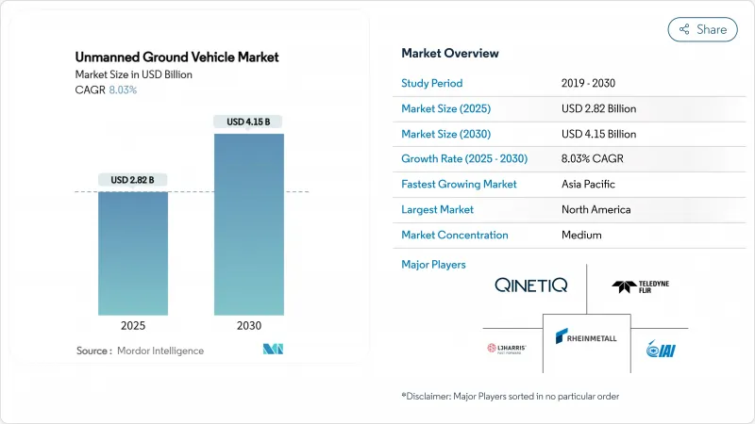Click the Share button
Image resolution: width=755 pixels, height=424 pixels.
(x=702, y=29)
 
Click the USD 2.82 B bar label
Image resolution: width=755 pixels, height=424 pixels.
(x=132, y=180)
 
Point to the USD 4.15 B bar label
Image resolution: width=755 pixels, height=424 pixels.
(x=248, y=122)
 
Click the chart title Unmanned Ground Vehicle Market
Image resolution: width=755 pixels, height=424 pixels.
(x=177, y=57)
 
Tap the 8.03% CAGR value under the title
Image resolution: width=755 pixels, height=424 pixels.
(x=123, y=90)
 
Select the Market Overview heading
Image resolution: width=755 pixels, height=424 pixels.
(x=450, y=53)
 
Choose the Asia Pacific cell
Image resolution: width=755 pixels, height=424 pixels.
(x=589, y=184)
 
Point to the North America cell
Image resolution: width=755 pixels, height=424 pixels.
(x=596, y=209)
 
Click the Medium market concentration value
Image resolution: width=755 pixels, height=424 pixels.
(x=581, y=235)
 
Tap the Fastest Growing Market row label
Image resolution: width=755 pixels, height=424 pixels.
(x=459, y=184)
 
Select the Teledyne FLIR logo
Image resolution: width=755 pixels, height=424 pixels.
(x=641, y=286)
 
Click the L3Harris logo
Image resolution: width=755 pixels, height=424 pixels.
(x=507, y=349)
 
